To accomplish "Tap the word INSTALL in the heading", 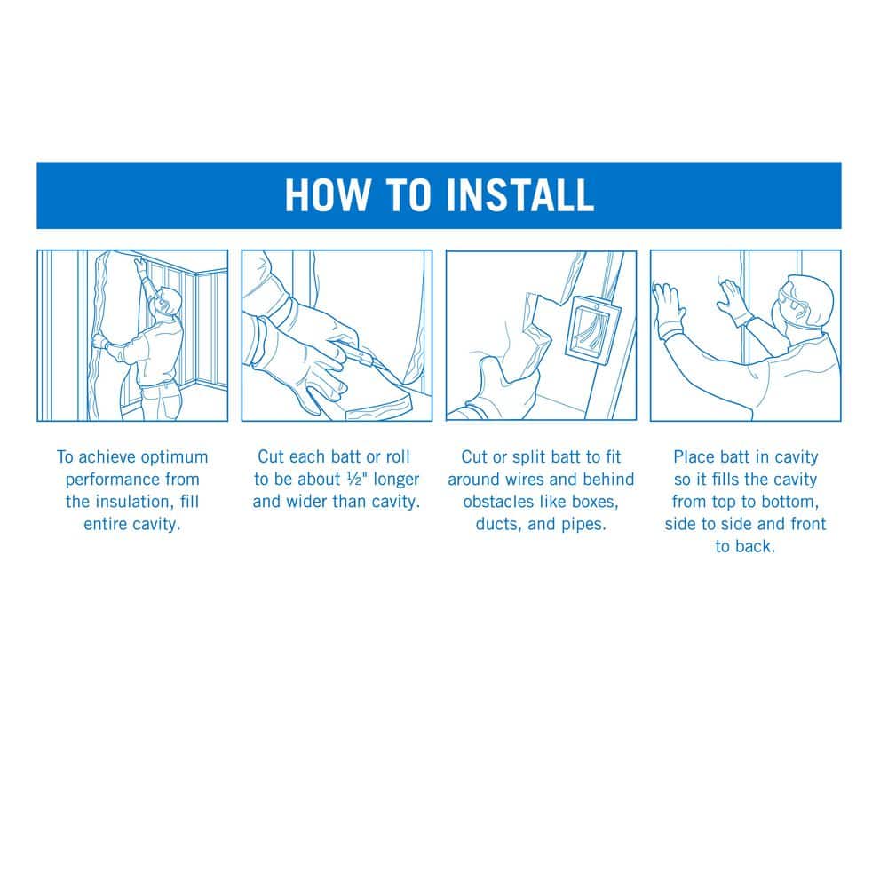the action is point(519,195).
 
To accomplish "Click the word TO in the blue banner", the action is point(408,195).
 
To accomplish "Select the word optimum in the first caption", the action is point(174,458).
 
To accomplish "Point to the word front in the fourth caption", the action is point(807,525).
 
